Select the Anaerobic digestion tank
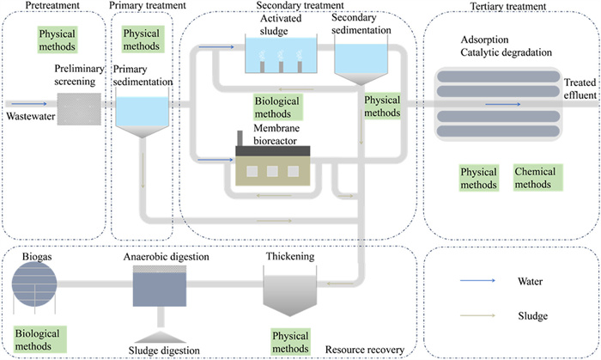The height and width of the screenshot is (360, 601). click(x=160, y=285)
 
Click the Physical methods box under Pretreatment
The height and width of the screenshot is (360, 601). click(x=57, y=40)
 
